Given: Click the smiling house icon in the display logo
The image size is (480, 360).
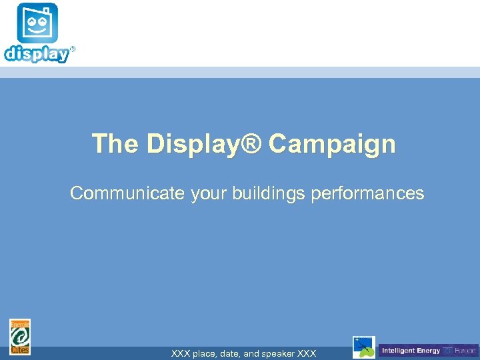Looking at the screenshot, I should tap(37, 24).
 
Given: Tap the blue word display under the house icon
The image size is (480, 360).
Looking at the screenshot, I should tap(37, 54).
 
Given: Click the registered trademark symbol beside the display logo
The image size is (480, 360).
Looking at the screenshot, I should tap(73, 49).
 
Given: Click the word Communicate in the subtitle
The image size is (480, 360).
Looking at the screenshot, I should tap(127, 193).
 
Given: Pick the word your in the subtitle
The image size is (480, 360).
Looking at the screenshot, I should tap(209, 193).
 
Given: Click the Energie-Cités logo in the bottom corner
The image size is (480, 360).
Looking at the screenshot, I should tap(20, 337).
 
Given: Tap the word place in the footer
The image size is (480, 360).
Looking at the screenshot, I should tap(205, 354).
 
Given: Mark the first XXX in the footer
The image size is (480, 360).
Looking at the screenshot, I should tap(181, 354).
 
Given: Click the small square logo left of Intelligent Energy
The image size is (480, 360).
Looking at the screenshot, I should tap(364, 347).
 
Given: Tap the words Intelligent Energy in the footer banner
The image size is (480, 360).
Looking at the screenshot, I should tap(411, 351).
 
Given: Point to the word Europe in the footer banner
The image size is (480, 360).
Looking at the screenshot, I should tap(465, 351).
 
